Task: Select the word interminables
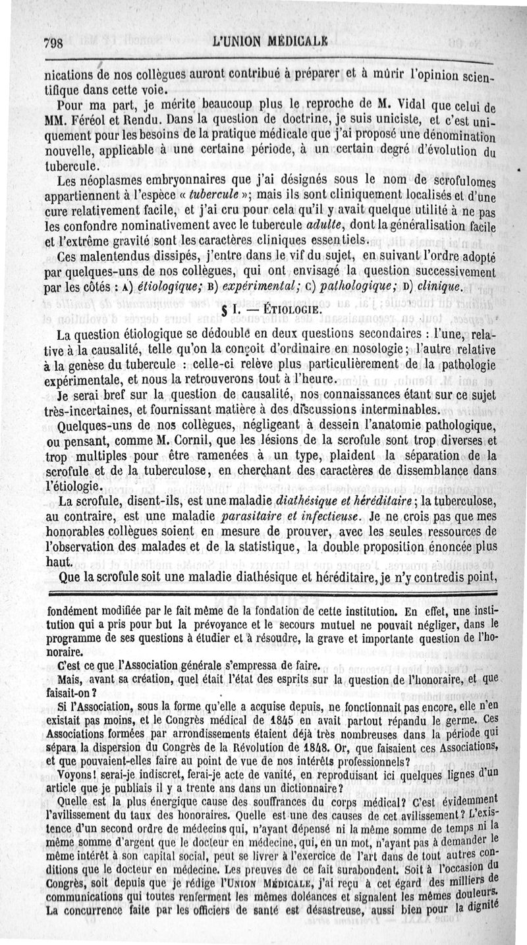379,408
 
